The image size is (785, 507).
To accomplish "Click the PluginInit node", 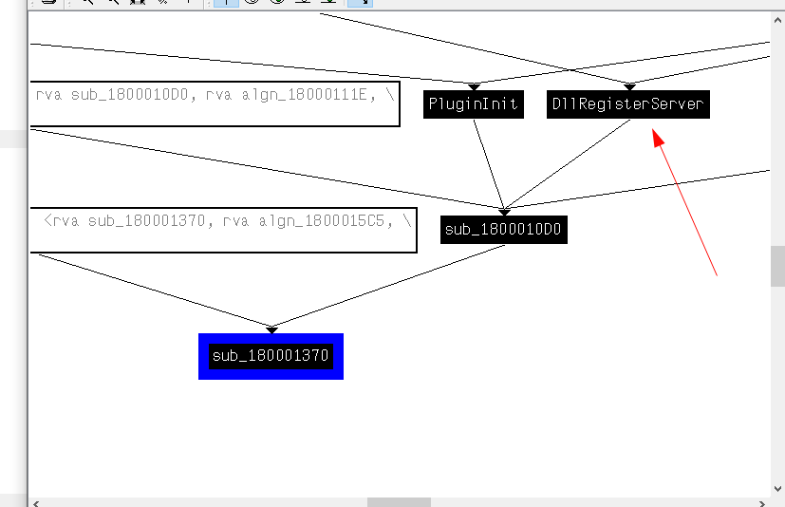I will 474,104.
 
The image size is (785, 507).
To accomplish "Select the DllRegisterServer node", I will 628,104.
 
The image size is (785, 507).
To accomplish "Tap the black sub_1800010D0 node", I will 503,230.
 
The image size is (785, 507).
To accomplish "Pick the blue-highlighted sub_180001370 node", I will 271,356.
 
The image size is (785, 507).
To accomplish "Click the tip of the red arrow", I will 655,134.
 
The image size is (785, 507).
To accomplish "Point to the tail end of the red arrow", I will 716,275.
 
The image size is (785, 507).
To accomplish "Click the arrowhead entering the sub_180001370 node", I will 271,329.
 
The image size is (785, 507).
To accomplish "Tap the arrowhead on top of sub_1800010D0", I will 504,211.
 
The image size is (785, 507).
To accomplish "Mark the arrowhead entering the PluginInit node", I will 474,86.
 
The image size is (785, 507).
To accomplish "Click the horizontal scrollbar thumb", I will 399,502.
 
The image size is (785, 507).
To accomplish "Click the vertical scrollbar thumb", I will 777,266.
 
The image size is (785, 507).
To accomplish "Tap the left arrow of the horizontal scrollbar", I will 36,502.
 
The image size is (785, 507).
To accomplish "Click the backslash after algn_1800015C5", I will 406,221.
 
